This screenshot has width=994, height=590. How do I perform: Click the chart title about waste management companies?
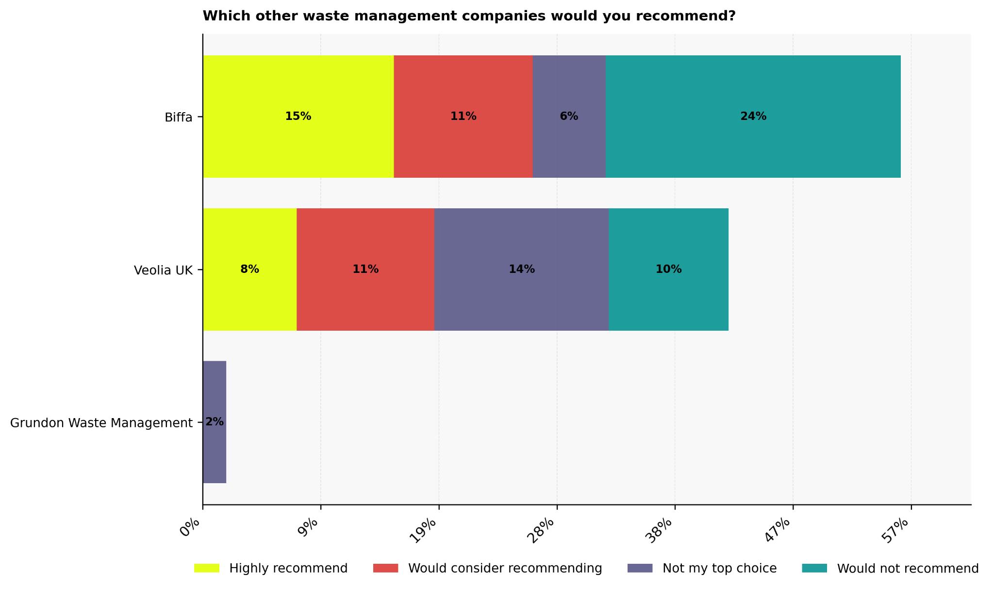469,16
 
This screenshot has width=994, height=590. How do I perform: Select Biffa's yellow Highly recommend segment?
298,117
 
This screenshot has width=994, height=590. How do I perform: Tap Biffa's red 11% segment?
463,117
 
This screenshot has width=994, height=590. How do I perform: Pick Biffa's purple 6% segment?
569,117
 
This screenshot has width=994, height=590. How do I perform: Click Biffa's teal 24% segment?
753,117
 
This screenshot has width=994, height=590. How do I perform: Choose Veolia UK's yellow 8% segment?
249,270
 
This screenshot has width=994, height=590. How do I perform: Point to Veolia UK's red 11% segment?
365,270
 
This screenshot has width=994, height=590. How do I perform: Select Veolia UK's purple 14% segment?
521,270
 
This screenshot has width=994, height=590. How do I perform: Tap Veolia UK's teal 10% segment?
668,270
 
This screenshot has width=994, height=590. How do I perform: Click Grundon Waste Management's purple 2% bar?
215,422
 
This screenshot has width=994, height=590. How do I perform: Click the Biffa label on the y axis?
178,118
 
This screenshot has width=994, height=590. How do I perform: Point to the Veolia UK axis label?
163,270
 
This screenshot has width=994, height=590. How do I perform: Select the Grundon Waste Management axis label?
101,423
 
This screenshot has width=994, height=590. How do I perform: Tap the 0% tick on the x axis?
190,528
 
